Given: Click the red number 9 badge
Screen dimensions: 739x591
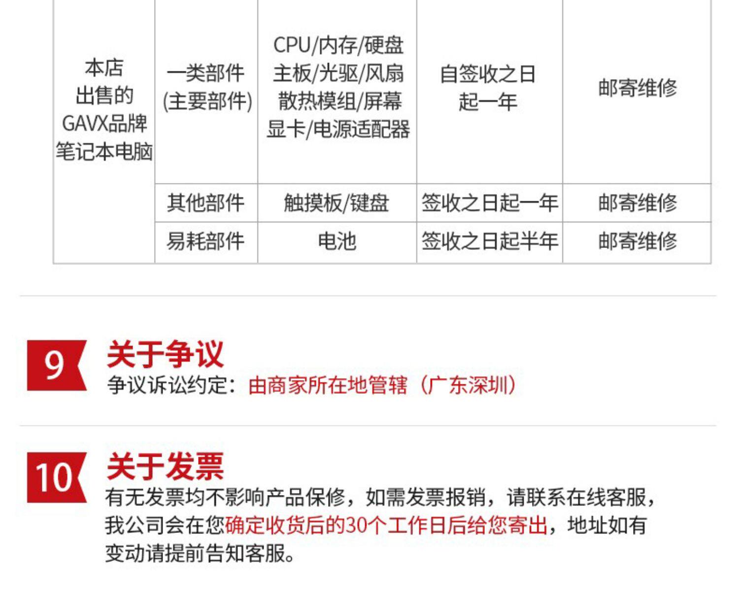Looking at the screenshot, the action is click(x=56, y=366).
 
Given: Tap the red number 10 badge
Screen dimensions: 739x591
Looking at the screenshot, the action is click(x=56, y=477).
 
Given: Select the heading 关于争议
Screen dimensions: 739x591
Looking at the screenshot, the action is click(x=165, y=354).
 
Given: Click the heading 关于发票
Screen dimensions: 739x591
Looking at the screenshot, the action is click(x=165, y=467).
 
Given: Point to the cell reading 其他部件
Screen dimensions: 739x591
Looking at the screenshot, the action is click(x=205, y=203).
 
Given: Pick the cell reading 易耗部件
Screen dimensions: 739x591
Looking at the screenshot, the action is click(x=205, y=241).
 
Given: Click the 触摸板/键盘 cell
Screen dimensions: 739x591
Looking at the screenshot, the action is click(x=336, y=203).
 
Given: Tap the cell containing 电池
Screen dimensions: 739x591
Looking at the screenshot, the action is click(x=336, y=241).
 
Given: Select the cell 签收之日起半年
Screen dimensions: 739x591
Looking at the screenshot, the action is click(x=489, y=241).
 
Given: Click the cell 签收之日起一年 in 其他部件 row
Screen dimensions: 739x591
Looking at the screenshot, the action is click(x=489, y=203).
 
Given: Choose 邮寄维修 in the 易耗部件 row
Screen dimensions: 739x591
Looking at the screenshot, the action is click(x=638, y=241).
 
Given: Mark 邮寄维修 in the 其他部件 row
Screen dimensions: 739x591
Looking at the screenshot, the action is click(x=638, y=203).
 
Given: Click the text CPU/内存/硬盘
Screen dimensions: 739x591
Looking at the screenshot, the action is click(x=338, y=45).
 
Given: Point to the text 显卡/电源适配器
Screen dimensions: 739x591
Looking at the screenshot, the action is click(x=338, y=129).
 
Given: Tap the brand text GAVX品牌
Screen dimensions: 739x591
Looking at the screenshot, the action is click(x=104, y=124).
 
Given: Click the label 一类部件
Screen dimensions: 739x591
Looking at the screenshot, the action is click(x=205, y=74).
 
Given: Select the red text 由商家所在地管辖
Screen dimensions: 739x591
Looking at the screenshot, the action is click(x=328, y=385).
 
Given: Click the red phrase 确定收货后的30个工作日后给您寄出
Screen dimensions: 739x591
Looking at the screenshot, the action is click(x=386, y=526).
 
